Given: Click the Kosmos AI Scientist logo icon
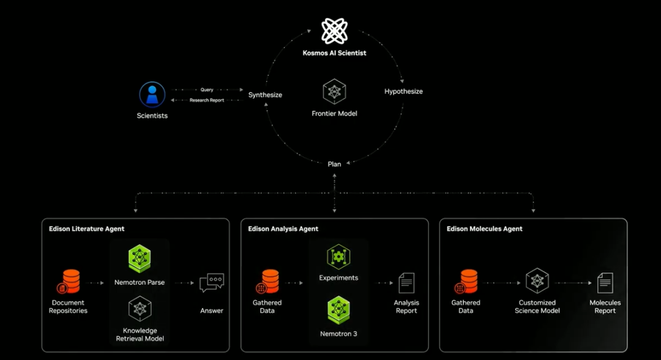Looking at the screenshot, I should pos(335,31).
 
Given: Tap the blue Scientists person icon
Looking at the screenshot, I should pos(152,95).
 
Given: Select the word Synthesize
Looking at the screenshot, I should pos(265,95).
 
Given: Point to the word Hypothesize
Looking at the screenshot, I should pos(403,91).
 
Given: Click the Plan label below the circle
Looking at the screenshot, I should pos(334,164).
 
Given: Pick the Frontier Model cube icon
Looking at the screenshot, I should pos(335,92).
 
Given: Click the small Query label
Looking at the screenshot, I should pos(207,90).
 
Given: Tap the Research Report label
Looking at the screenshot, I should pos(207,100).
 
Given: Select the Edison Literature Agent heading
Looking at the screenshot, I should pos(86,229).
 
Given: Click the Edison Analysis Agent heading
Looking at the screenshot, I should pos(283,229).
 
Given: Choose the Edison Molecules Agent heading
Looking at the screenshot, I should pos(485,229).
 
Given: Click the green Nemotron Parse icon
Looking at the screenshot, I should pos(140,259).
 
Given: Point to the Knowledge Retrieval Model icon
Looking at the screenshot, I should pos(140,309).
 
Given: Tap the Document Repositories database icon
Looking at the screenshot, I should pos(69,282).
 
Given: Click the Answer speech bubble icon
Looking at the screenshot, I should pos(212,283).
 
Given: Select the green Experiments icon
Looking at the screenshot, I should pos(338,257).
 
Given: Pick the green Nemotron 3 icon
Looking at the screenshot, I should pos(338,310).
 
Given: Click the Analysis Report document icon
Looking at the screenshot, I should pos(406,283).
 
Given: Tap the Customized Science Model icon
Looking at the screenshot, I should pos(537,281).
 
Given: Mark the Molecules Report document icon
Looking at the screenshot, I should pos(605,283).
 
